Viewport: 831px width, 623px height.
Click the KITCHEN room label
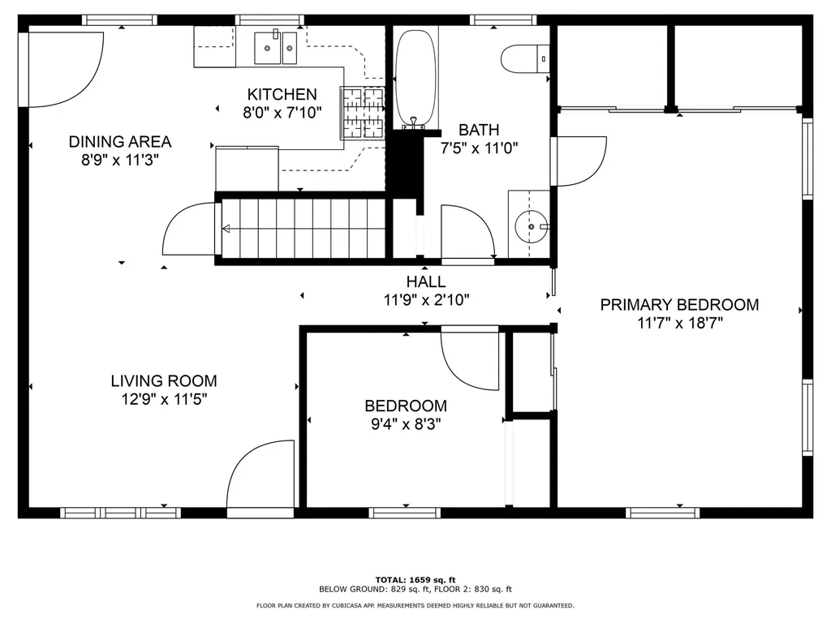pyautogui.click(x=282, y=94)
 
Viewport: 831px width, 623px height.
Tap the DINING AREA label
pyautogui.click(x=120, y=142)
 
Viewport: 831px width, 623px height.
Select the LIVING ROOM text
pyautogui.click(x=164, y=381)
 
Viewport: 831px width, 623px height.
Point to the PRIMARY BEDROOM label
pyautogui.click(x=679, y=305)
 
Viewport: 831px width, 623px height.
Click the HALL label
pyautogui.click(x=426, y=281)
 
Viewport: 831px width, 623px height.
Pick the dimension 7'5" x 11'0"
pyautogui.click(x=479, y=148)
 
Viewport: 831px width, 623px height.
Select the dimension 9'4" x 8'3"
pyautogui.click(x=406, y=423)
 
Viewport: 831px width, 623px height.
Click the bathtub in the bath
pyautogui.click(x=416, y=79)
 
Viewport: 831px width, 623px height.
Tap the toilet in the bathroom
pyautogui.click(x=525, y=58)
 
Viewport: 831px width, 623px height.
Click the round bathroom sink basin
pyautogui.click(x=531, y=227)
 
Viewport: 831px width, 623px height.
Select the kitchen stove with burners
pyautogui.click(x=363, y=113)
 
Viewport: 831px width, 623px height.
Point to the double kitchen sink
pyautogui.click(x=276, y=48)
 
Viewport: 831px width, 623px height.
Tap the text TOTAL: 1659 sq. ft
pyautogui.click(x=415, y=579)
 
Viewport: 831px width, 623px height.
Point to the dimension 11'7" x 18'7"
pyautogui.click(x=680, y=323)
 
